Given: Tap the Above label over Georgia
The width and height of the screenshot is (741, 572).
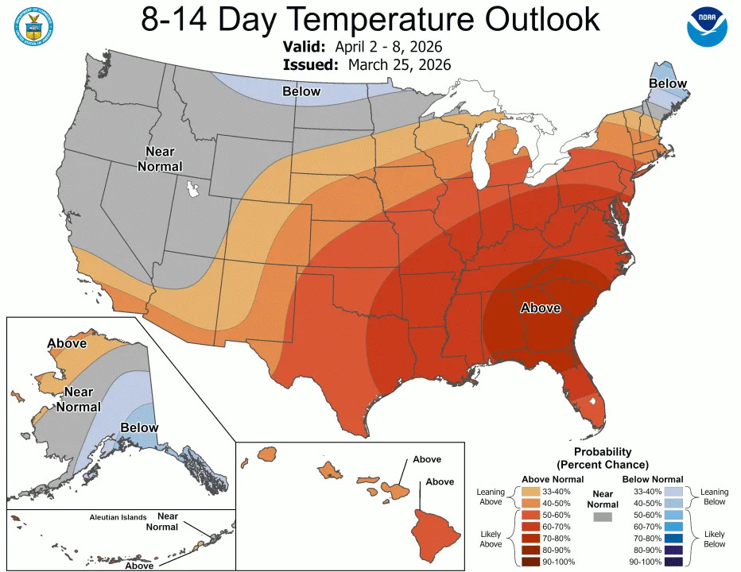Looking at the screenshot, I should click(x=541, y=307).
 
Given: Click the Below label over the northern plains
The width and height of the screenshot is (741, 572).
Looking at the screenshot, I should click(x=302, y=91).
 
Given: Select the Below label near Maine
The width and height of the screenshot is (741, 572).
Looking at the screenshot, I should click(x=668, y=83).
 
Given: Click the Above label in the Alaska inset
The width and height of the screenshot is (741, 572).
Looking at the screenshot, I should click(x=67, y=344).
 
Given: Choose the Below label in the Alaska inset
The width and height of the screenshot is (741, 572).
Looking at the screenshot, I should click(x=139, y=428).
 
